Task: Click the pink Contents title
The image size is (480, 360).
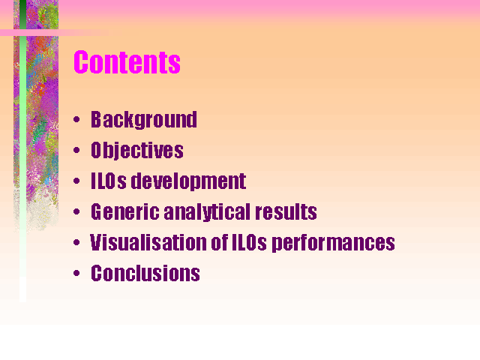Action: pyautogui.click(x=127, y=62)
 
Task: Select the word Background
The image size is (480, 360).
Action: pyautogui.click(x=144, y=120)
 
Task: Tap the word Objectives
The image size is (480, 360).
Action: pyautogui.click(x=137, y=150)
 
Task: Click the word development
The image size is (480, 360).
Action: pyautogui.click(x=188, y=181)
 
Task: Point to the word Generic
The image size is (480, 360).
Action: pyautogui.click(x=125, y=211)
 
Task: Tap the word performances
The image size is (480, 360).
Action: pyautogui.click(x=333, y=243)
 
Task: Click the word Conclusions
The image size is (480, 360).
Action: pyautogui.click(x=145, y=273)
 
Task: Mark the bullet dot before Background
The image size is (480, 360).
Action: pyautogui.click(x=76, y=119)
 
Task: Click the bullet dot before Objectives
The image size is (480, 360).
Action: pyautogui.click(x=76, y=150)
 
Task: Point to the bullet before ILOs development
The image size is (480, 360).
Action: pyautogui.click(x=76, y=181)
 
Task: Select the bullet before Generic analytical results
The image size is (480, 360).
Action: pyautogui.click(x=76, y=211)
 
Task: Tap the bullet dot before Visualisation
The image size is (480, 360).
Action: pyautogui.click(x=76, y=242)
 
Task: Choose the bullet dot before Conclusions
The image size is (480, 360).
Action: pyautogui.click(x=76, y=273)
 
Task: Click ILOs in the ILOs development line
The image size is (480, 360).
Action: pyautogui.click(x=109, y=181)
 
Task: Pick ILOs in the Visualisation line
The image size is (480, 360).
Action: pyautogui.click(x=250, y=242)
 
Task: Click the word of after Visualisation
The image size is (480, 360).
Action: pyautogui.click(x=220, y=242)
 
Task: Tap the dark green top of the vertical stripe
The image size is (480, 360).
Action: pyautogui.click(x=23, y=14)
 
